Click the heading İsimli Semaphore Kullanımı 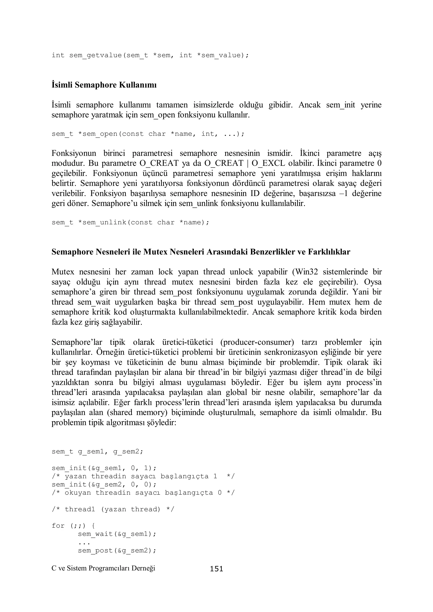[104, 85]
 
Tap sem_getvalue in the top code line [95, 55]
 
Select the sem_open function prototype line [148, 134]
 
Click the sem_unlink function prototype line [130, 222]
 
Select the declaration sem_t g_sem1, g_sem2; [97, 452]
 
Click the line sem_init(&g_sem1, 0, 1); [104, 468]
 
